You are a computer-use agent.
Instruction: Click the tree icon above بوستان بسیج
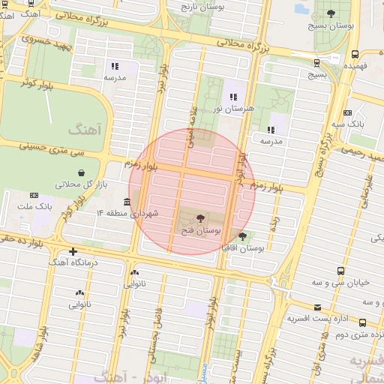331,13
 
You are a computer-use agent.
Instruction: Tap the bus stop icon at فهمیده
355,54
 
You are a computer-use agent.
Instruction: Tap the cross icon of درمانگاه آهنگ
73,251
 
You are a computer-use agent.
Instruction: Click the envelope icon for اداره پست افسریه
318,307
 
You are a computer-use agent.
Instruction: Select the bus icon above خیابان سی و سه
341,271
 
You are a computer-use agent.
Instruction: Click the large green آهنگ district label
83,130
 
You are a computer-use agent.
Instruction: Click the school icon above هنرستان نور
234,97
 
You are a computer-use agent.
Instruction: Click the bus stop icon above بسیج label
317,63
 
